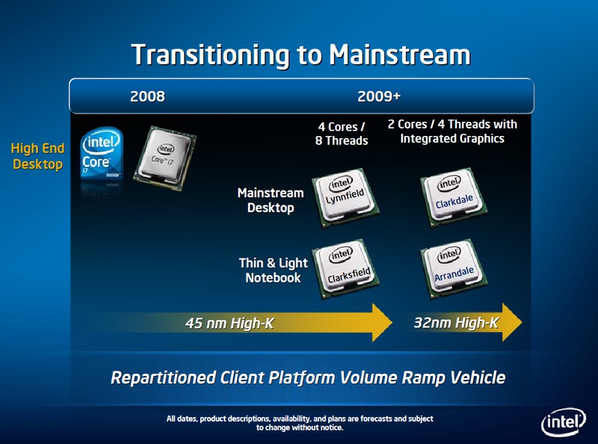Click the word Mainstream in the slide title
coord(400,55)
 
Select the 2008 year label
coord(147,96)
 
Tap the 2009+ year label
coord(379,96)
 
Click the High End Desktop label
coord(37,156)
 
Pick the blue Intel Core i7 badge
coord(102,154)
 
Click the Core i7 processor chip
coord(164,158)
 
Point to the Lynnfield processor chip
coord(345,197)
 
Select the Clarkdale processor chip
coord(454,197)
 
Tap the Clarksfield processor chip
coord(345,268)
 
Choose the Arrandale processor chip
coord(454,268)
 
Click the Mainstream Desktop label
coord(271,200)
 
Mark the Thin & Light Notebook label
coord(273,270)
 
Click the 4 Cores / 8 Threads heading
coord(342,134)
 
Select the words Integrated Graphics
coord(452,138)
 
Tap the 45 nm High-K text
coord(229,323)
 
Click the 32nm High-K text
coord(456,323)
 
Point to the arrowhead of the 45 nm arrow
coord(392,323)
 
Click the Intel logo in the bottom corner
coord(564,422)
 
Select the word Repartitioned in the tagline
coord(163,378)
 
